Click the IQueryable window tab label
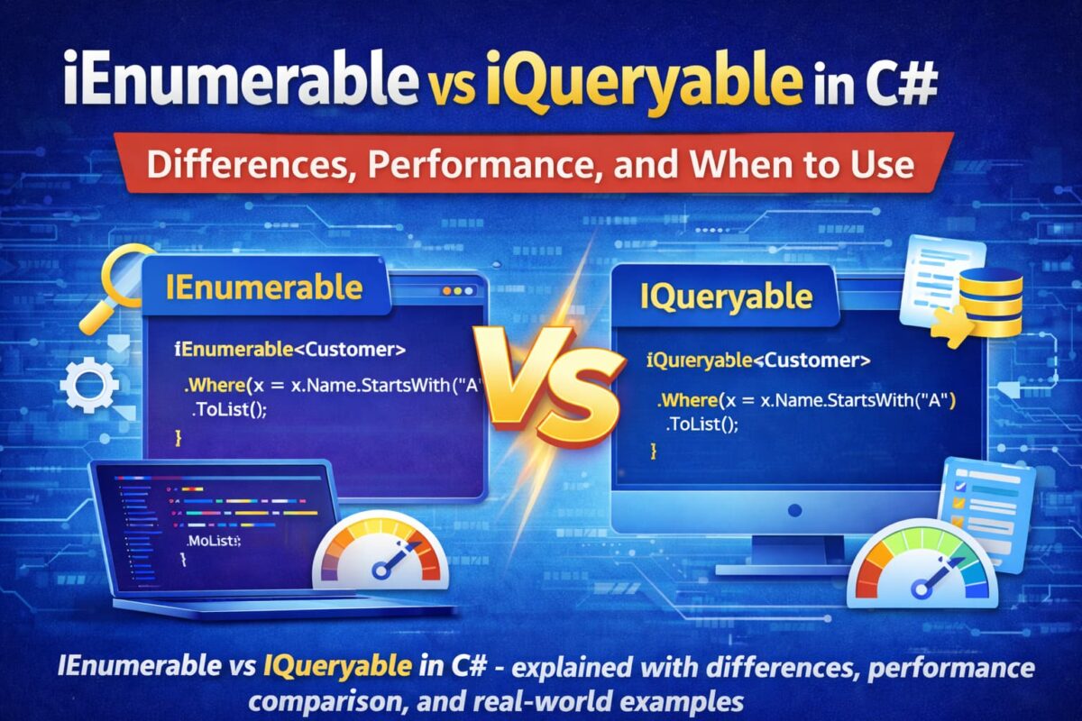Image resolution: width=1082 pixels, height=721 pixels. (726, 297)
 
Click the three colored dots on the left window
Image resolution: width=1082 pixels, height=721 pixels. (458, 292)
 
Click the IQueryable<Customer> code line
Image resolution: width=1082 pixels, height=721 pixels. (758, 360)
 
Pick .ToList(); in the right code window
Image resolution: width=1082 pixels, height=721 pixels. (702, 424)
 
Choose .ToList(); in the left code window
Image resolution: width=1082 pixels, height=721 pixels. (230, 410)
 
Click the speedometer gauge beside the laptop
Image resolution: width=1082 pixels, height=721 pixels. (380, 551)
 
